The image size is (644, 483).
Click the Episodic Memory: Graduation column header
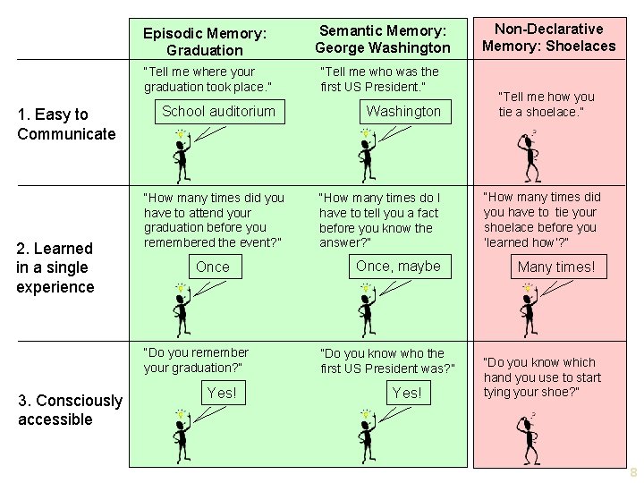pyautogui.click(x=205, y=41)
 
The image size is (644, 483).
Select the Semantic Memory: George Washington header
pyautogui.click(x=383, y=39)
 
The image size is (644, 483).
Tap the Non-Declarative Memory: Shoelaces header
pyautogui.click(x=549, y=38)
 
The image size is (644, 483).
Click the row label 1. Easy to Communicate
pyautogui.click(x=66, y=124)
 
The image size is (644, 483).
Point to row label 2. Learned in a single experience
pyautogui.click(x=55, y=267)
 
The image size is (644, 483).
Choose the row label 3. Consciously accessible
pyautogui.click(x=70, y=410)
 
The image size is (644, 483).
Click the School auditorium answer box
pyautogui.click(x=218, y=111)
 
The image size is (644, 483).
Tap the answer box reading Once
pyautogui.click(x=213, y=267)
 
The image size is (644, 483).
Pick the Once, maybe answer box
pyautogui.click(x=398, y=266)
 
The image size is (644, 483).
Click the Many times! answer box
pyautogui.click(x=555, y=267)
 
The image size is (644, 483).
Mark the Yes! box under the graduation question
pyautogui.click(x=222, y=393)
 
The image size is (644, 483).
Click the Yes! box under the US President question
pyautogui.click(x=407, y=393)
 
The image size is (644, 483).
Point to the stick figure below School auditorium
pyautogui.click(x=182, y=157)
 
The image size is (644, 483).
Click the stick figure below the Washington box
pyautogui.click(x=367, y=157)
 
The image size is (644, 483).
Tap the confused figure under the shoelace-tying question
pyautogui.click(x=529, y=157)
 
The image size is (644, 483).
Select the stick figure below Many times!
pyautogui.click(x=530, y=309)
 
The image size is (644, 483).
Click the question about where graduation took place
pyautogui.click(x=208, y=79)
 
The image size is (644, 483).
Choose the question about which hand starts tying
pyautogui.click(x=542, y=377)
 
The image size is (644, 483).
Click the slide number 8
pyautogui.click(x=633, y=472)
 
